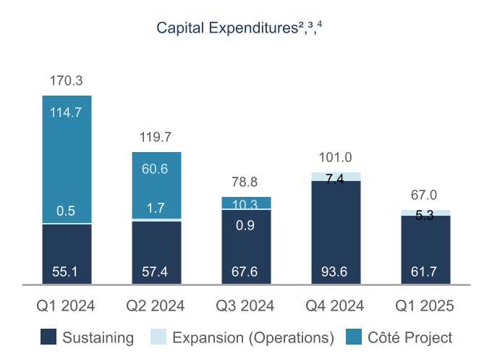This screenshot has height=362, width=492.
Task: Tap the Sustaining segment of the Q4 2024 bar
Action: (336, 232)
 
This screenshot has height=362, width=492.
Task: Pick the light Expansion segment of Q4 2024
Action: (336, 176)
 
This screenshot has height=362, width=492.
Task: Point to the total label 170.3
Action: (67, 81)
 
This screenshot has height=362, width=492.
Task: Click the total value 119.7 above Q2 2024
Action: (156, 137)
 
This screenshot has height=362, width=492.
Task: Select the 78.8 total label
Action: (246, 182)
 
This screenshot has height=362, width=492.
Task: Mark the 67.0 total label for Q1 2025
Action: (425, 195)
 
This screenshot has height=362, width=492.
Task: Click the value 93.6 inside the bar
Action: (336, 273)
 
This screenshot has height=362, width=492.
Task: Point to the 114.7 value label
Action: (67, 112)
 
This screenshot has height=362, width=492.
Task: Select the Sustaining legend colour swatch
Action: (48, 337)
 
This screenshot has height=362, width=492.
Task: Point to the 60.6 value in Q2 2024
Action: (156, 169)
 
